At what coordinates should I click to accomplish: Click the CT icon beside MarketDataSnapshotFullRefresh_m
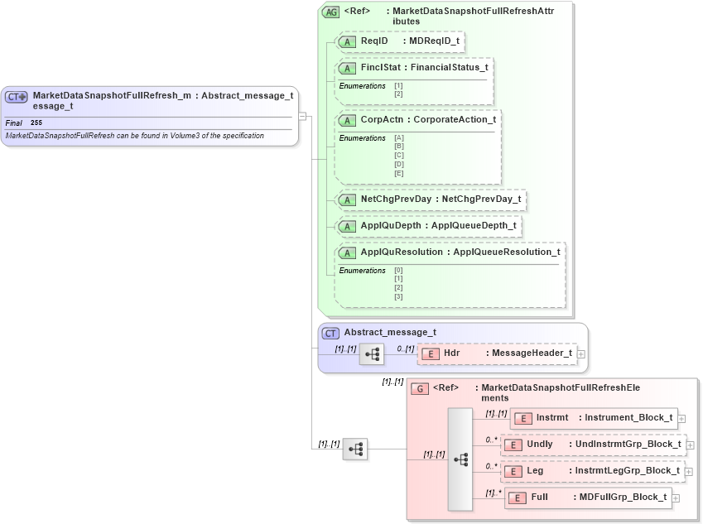(17, 96)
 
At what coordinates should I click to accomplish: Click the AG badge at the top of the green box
(330, 12)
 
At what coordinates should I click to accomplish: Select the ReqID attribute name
(374, 41)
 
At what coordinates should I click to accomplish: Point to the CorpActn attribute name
(382, 120)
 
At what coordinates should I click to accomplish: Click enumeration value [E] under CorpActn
(398, 172)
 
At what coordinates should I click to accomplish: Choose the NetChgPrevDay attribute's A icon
(349, 200)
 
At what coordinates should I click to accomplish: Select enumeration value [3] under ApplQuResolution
(398, 296)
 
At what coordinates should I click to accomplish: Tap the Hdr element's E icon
(430, 354)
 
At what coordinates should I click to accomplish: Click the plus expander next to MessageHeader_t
(581, 354)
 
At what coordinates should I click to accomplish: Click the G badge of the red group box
(420, 388)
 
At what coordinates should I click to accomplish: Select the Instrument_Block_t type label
(628, 418)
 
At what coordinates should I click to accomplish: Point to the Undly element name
(540, 445)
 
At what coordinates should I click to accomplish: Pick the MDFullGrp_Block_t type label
(623, 498)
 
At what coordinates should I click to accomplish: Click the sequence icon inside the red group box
(460, 458)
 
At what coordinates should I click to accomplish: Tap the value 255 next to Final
(36, 123)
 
